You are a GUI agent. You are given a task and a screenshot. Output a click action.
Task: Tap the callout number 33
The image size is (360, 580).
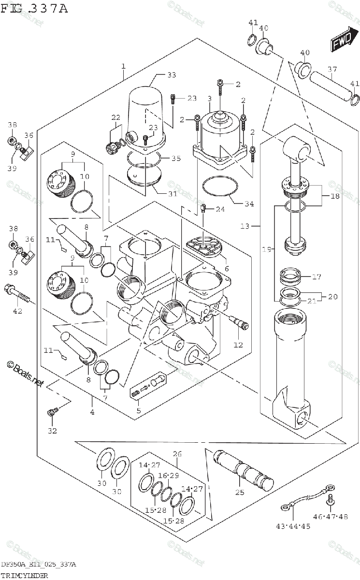tap(172, 75)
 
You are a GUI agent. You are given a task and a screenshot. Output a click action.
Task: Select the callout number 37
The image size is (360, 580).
tap(332, 70)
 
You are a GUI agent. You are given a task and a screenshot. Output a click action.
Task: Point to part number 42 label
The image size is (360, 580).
tap(17, 311)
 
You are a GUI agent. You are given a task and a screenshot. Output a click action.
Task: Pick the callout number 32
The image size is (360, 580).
tap(52, 431)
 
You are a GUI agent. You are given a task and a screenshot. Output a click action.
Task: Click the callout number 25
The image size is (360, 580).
tap(240, 493)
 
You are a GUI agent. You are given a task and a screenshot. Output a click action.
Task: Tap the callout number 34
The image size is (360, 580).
tap(249, 203)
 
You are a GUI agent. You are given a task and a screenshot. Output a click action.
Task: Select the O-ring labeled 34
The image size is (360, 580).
tap(220, 186)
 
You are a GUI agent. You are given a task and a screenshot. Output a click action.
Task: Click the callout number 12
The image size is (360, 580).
tap(238, 345)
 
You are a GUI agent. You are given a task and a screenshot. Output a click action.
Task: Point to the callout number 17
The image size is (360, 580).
tap(317, 277)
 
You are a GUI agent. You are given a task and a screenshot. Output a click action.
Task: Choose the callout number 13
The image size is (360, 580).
tap(245, 226)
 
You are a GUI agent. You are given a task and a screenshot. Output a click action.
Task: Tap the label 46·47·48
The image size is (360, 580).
tap(330, 517)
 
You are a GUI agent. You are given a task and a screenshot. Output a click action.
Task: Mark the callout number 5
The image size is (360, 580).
tap(139, 411)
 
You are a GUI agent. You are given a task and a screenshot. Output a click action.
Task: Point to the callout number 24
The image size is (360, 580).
tap(220, 209)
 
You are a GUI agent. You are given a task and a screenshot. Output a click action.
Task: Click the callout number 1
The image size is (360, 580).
tap(124, 66)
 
